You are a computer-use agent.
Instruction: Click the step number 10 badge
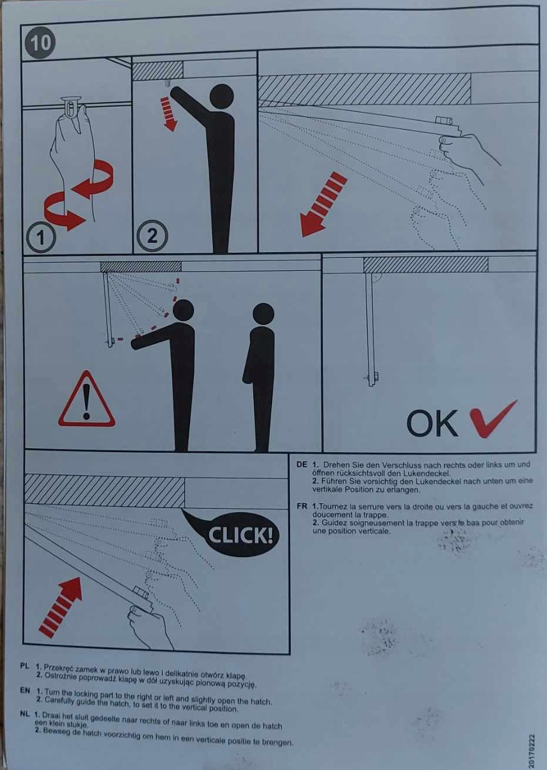point(40,43)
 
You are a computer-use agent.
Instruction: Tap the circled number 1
point(40,237)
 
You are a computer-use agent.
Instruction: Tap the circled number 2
point(152,236)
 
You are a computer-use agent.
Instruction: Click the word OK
point(432,423)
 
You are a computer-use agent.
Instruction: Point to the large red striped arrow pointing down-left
point(323,205)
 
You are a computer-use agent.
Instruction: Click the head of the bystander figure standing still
point(263,314)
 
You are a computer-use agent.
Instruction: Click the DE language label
point(302,464)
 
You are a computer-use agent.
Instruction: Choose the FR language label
point(302,506)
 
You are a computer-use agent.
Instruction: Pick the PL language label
point(25,666)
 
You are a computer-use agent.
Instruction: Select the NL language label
point(25,714)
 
